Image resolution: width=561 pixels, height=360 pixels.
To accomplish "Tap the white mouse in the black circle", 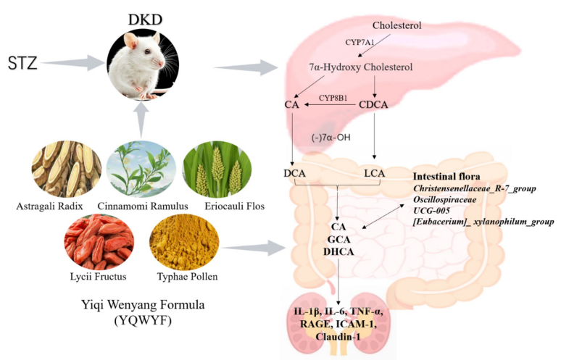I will [x=141, y=67].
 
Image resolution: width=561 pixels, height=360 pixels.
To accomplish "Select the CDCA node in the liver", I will [x=374, y=106].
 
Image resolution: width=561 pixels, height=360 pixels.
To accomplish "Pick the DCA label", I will [x=294, y=173].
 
